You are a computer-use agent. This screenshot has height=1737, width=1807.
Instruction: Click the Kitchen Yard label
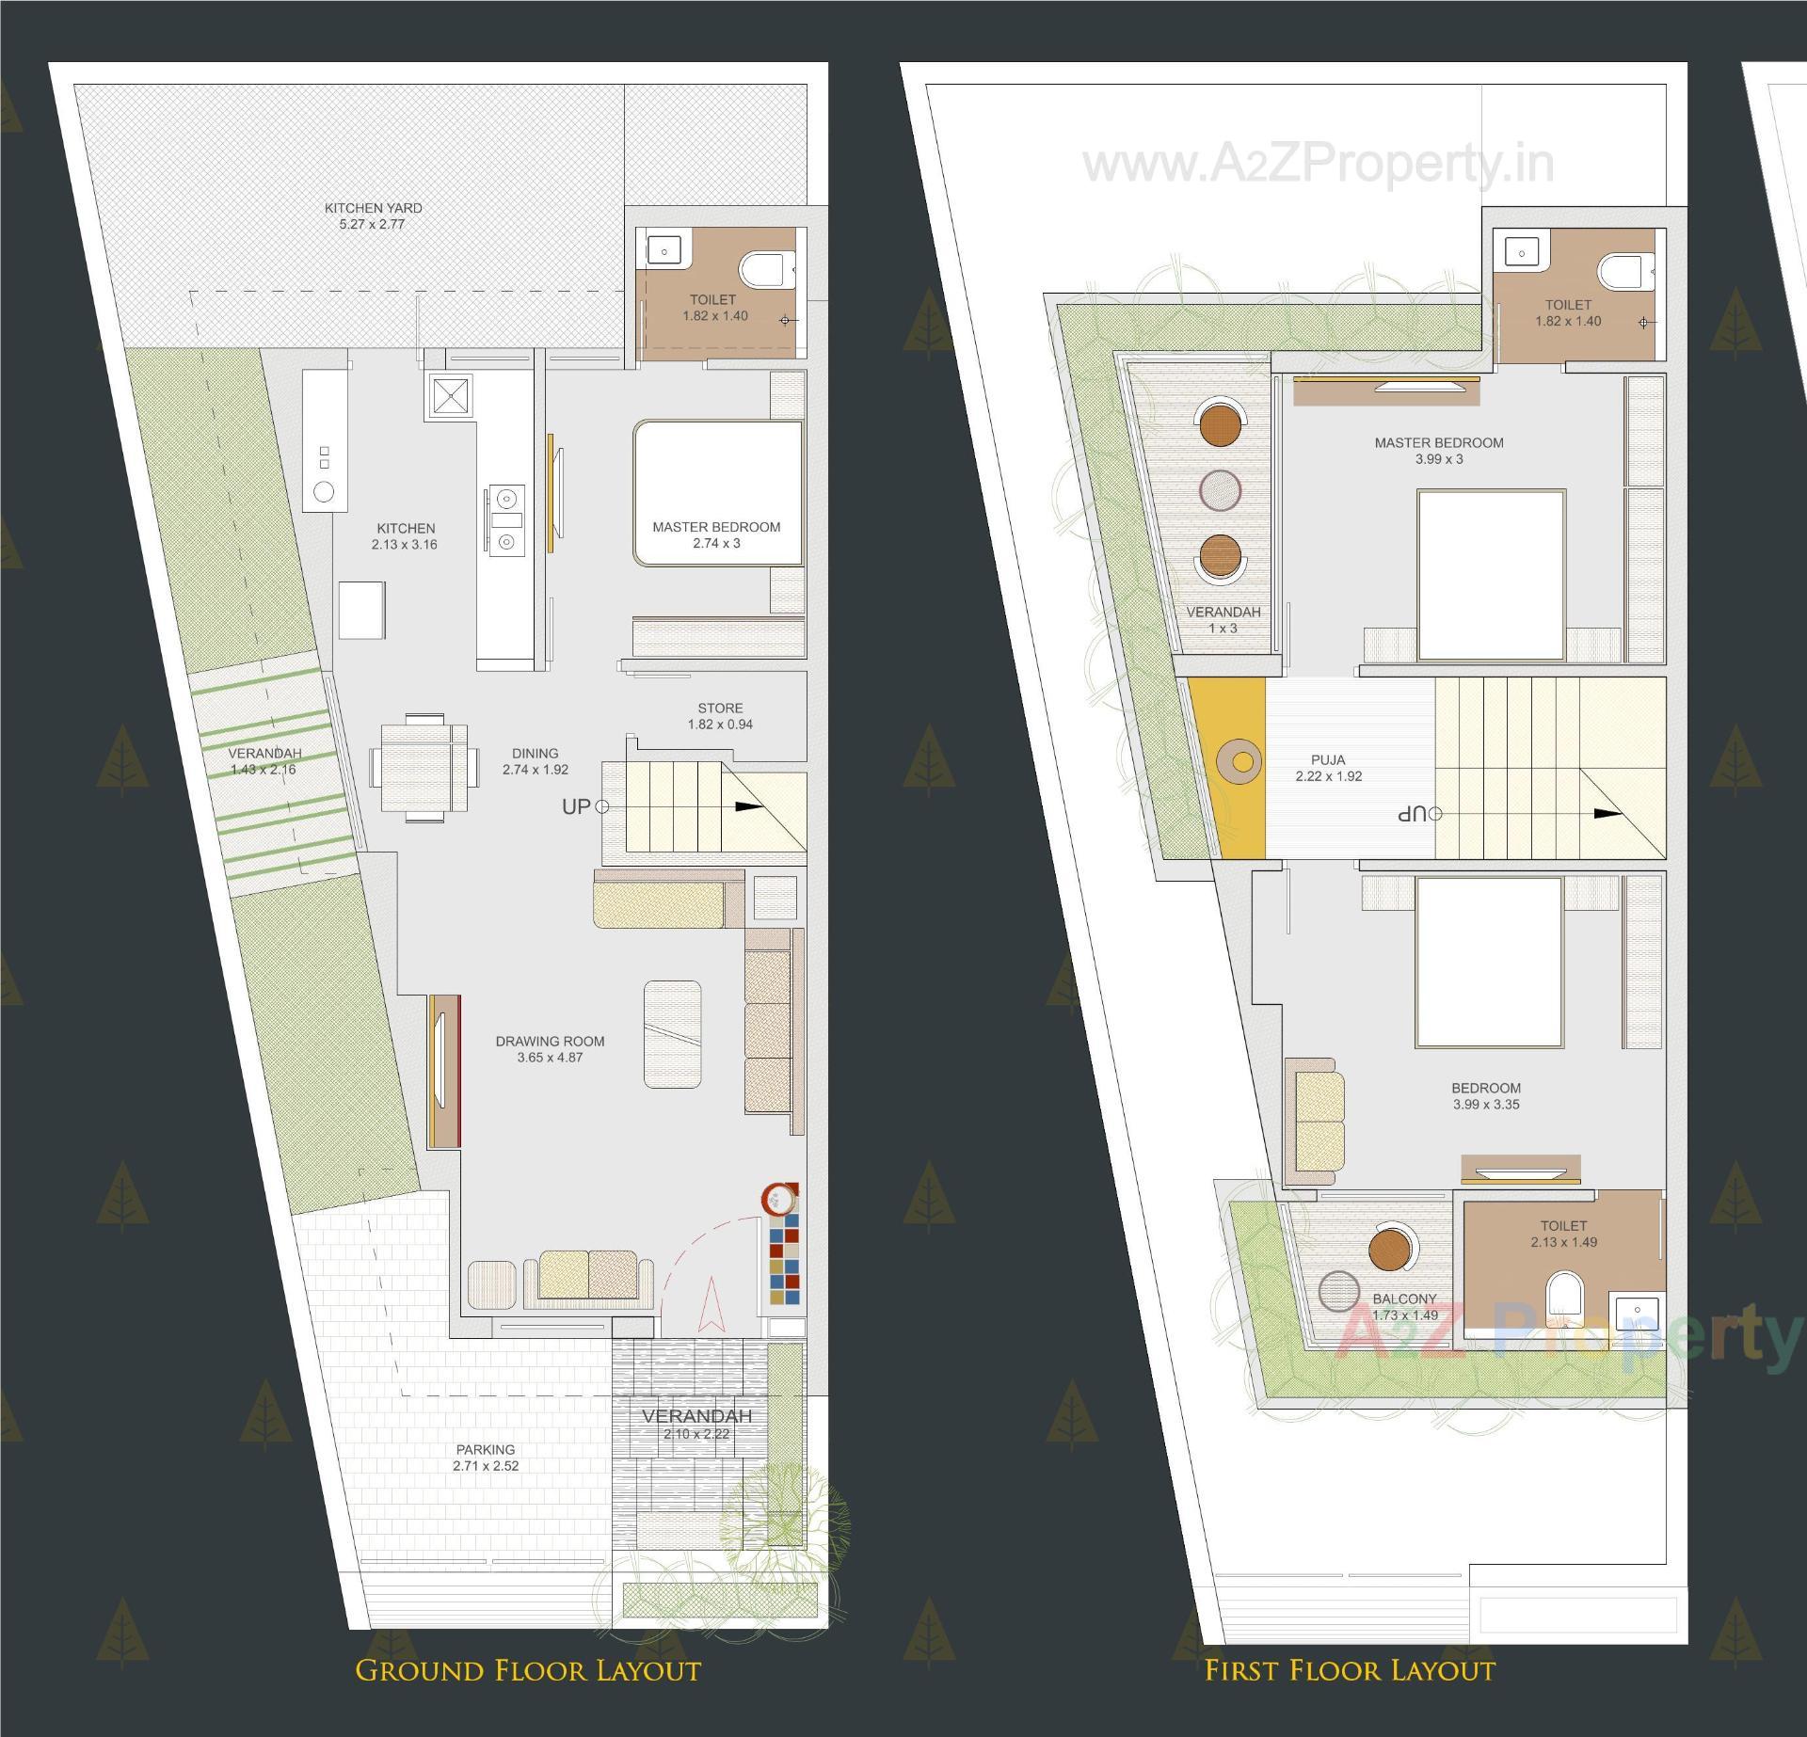pos(373,215)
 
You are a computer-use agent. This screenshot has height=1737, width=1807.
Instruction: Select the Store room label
pos(720,716)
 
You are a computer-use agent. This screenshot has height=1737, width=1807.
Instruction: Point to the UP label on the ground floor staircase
pos(576,806)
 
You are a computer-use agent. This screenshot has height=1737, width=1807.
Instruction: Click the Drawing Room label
pos(550,1049)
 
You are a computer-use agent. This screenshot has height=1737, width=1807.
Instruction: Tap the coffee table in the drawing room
pos(672,1034)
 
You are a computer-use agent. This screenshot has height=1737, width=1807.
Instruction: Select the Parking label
pos(486,1458)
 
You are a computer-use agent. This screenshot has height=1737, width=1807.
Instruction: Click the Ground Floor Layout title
pos(528,1670)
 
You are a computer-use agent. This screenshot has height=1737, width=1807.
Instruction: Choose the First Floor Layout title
pos(1350,1670)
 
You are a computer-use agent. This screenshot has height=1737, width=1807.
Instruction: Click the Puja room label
pos(1328,768)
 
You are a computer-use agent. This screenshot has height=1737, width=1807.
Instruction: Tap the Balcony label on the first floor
pos(1404,1307)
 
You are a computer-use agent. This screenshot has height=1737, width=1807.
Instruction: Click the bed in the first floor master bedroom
pos(1492,573)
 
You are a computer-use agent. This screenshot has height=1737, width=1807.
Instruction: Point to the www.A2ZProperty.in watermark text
pos(1318,166)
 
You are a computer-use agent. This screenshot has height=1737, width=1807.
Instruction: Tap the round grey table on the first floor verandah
pos(1221,489)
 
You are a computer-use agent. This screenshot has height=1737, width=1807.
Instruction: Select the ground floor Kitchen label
pos(406,536)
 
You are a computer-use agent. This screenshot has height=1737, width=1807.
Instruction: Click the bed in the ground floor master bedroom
pos(718,492)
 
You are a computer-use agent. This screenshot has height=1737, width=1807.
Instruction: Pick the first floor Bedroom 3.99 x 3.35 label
pos(1486,1096)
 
